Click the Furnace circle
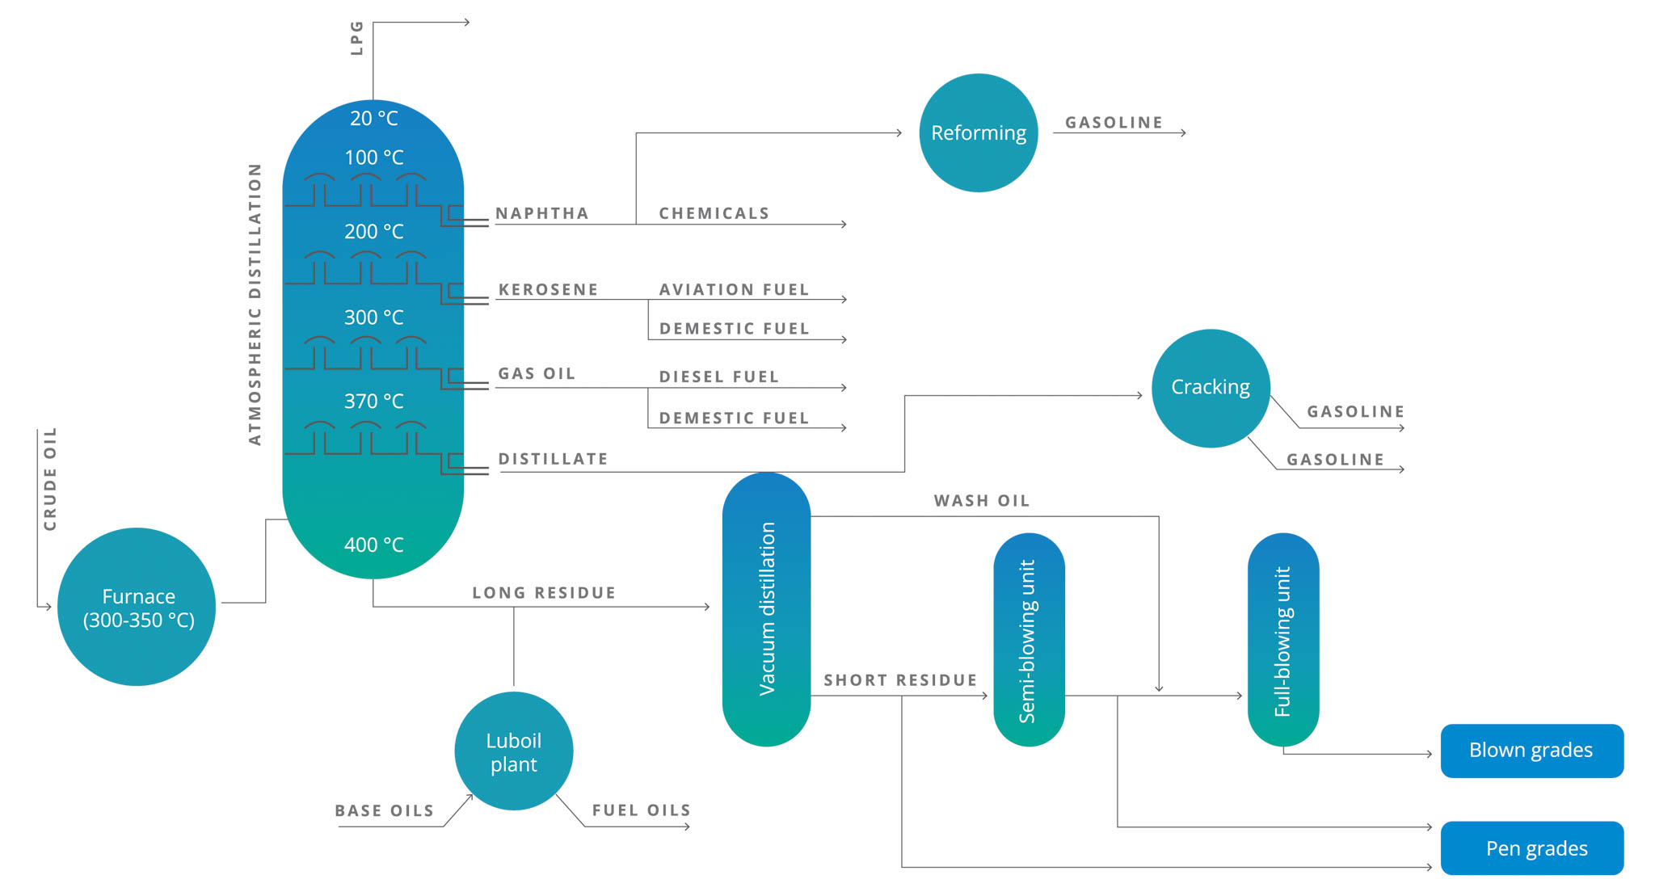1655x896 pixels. click(x=137, y=607)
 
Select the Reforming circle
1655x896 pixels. click(x=978, y=133)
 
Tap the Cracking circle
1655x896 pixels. click(x=1210, y=388)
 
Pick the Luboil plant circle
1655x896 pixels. click(x=514, y=751)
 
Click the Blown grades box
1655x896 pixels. click(x=1531, y=751)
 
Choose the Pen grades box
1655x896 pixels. click(x=1531, y=848)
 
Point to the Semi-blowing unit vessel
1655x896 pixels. click(x=1029, y=639)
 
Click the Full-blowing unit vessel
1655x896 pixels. click(x=1282, y=639)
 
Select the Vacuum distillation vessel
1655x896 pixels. click(x=766, y=609)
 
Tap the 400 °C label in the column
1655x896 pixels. click(x=373, y=545)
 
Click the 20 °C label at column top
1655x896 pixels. click(x=373, y=119)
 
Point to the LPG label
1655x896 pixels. click(x=356, y=38)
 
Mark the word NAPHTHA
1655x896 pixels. click(x=542, y=213)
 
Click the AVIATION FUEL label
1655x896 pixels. click(x=734, y=289)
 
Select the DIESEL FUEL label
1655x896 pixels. click(x=718, y=376)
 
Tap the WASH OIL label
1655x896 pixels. click(x=981, y=501)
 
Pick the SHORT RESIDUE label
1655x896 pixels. click(x=900, y=680)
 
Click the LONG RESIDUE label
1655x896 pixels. click(x=544, y=593)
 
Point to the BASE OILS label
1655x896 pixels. click(x=385, y=810)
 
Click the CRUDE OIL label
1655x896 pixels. click(x=50, y=479)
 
